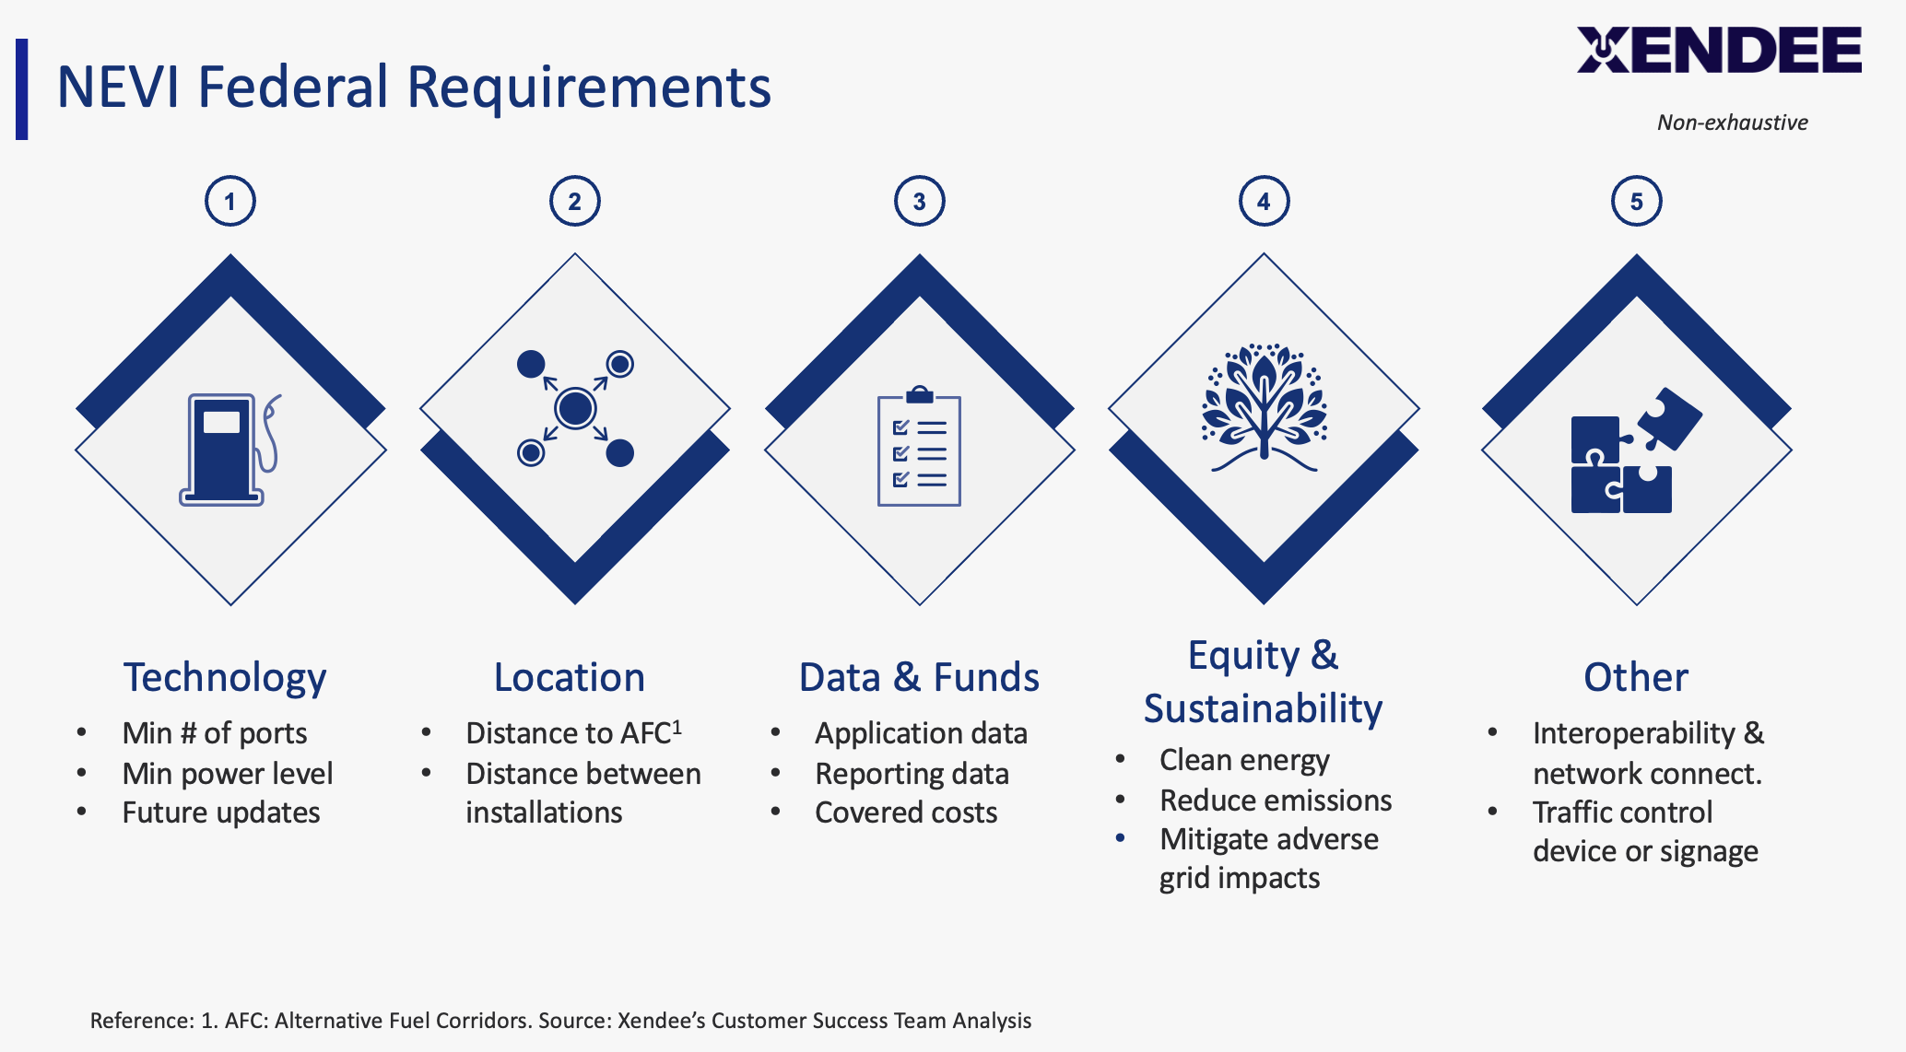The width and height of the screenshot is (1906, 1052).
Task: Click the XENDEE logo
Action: (x=1719, y=50)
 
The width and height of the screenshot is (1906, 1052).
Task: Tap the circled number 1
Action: (x=230, y=202)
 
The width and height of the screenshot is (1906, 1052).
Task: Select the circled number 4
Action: (x=1264, y=202)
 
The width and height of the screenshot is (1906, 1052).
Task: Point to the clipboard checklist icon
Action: (x=919, y=448)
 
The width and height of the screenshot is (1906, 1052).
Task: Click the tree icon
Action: (x=1264, y=407)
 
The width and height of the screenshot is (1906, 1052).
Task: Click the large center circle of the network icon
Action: (x=575, y=408)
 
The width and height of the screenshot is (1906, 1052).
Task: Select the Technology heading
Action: (x=225, y=677)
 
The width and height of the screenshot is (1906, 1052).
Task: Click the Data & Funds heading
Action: (x=919, y=677)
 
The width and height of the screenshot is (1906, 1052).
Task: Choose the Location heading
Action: (x=570, y=677)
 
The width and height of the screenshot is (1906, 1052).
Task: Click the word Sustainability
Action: (x=1263, y=708)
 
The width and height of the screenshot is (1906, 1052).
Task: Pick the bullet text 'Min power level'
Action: (x=228, y=774)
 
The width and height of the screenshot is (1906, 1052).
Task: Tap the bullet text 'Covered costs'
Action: (x=906, y=812)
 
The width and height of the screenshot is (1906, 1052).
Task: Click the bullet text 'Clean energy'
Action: (x=1244, y=760)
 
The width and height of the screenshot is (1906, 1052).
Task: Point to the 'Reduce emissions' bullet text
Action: (x=1276, y=801)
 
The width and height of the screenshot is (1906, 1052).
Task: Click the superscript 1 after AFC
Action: (x=677, y=726)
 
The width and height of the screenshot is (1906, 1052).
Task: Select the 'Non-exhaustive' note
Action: (x=1732, y=123)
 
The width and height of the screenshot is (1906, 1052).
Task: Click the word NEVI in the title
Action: (x=118, y=88)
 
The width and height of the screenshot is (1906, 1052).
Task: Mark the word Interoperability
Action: (x=1634, y=733)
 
